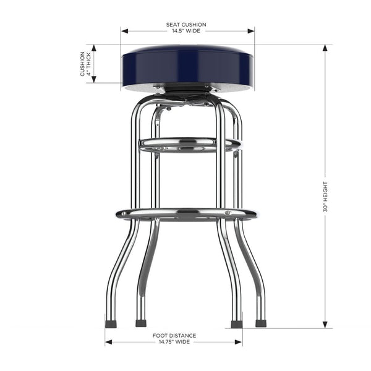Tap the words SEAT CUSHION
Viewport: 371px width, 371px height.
click(x=186, y=25)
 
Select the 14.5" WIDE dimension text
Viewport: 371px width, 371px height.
click(x=186, y=31)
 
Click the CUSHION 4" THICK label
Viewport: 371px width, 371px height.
click(x=85, y=64)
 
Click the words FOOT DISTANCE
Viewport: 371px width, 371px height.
click(x=174, y=335)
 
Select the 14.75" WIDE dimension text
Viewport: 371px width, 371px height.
click(x=174, y=341)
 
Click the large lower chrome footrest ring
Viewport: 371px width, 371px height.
click(x=185, y=214)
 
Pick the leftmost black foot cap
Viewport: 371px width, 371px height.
click(x=111, y=323)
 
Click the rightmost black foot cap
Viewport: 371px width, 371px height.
click(x=260, y=323)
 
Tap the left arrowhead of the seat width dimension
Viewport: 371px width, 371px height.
click(x=123, y=30)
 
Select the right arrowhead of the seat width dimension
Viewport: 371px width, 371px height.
click(x=252, y=30)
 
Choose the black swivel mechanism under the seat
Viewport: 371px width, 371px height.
click(x=185, y=92)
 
